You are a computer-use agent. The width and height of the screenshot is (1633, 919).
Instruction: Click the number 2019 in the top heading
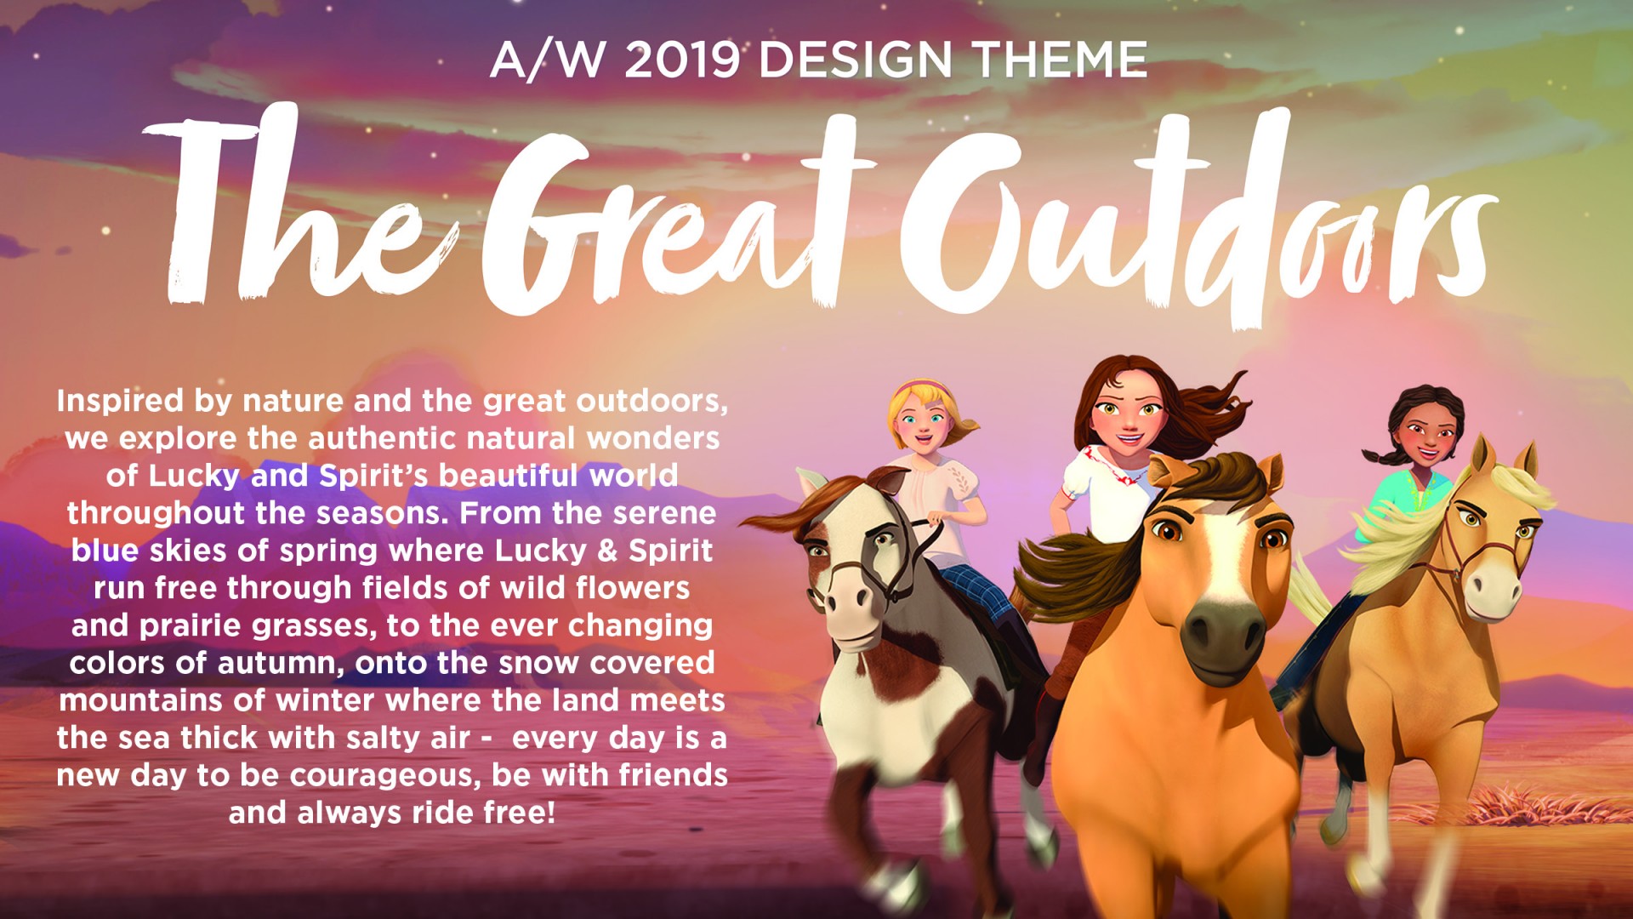682,60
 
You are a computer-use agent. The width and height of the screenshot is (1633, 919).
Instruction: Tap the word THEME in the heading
1060,60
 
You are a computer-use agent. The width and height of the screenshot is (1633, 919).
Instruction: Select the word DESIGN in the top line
855,60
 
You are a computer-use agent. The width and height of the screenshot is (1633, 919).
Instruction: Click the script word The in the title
298,208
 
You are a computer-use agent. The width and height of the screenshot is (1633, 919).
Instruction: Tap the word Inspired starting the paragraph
120,402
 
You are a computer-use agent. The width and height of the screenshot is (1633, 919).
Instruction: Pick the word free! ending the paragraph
520,812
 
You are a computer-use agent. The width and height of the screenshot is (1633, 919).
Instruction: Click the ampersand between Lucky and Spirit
607,551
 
